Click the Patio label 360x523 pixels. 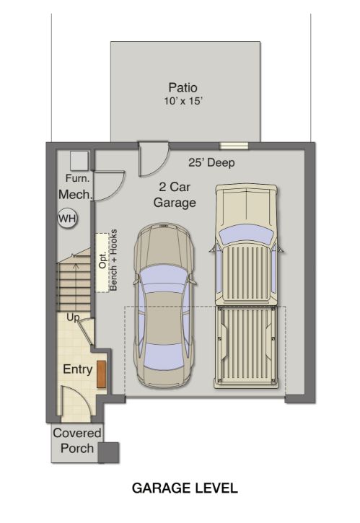(x=183, y=88)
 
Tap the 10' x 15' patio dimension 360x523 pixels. (x=183, y=102)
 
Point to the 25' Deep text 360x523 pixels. (x=212, y=162)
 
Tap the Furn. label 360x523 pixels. (x=76, y=177)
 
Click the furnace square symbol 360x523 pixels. (x=79, y=159)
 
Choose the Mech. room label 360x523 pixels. (x=75, y=194)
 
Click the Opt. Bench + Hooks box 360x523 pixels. (x=102, y=262)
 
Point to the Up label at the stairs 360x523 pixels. (x=73, y=317)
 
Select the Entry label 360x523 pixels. (x=78, y=369)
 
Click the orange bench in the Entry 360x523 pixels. (x=102, y=372)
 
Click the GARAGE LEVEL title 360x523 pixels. (x=185, y=488)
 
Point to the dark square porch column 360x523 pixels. (x=108, y=452)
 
